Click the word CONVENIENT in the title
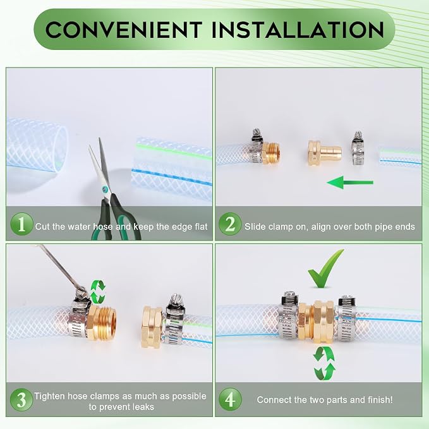(x=124, y=30)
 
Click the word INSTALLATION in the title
(x=298, y=30)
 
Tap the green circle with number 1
(x=21, y=224)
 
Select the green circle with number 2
(x=230, y=224)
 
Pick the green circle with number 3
(x=21, y=399)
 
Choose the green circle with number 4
(x=230, y=399)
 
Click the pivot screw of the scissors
(x=104, y=188)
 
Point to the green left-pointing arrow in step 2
(x=350, y=182)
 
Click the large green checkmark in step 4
(x=325, y=269)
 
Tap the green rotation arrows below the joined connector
(x=324, y=363)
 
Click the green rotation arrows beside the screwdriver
(x=98, y=291)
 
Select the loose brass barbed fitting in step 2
(x=325, y=153)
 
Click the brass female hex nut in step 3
(x=151, y=327)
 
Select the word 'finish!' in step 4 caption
(x=380, y=400)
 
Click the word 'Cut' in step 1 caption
(x=42, y=227)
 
